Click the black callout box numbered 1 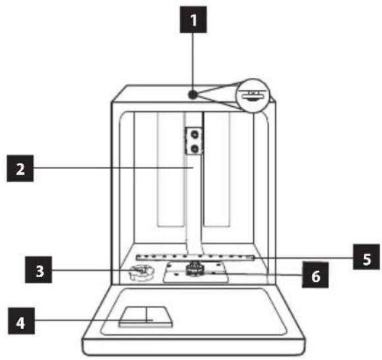point(193,20)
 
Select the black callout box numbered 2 point(20,168)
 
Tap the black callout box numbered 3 point(38,270)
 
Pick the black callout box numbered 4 point(21,321)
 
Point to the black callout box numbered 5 point(366,256)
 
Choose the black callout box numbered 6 point(315,275)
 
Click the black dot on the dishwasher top point(193,94)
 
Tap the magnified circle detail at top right point(253,96)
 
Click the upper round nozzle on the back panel point(195,134)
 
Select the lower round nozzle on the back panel point(195,148)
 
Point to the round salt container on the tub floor point(142,272)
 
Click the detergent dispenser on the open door point(146,316)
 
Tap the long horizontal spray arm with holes point(195,256)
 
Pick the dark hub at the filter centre point(194,269)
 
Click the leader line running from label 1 point(193,61)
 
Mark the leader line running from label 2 point(113,167)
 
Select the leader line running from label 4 point(94,320)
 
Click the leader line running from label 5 point(303,258)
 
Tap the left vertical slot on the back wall point(170,169)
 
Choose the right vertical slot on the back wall point(216,169)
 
